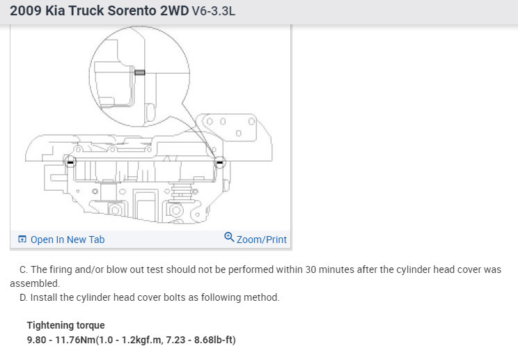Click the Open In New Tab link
tap(68, 240)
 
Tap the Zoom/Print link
tap(262, 240)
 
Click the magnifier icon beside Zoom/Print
tap(229, 237)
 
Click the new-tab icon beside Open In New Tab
tap(22, 239)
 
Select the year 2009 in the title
tap(26, 10)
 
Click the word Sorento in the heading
tap(132, 10)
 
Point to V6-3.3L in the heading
tap(214, 11)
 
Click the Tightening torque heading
tap(65, 325)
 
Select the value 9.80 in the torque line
tap(36, 340)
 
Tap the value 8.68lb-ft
tap(214, 340)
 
